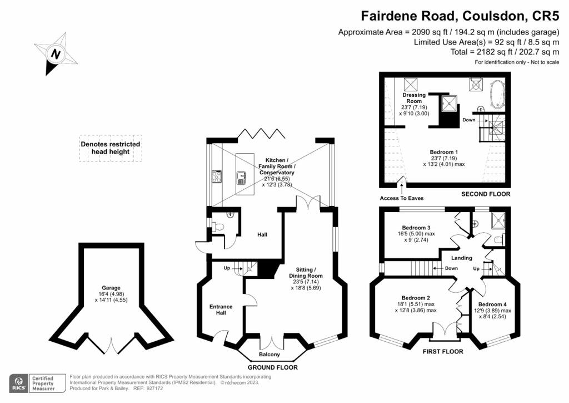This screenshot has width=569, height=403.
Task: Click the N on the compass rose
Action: pyautogui.click(x=56, y=54)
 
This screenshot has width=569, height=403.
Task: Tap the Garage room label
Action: pyautogui.click(x=111, y=288)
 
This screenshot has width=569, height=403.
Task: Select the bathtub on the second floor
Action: pyautogui.click(x=496, y=94)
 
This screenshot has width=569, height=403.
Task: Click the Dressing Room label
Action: pyautogui.click(x=414, y=98)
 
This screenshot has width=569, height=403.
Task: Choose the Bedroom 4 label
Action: pyautogui.click(x=492, y=304)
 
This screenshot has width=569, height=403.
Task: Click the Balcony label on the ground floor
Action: pyautogui.click(x=269, y=355)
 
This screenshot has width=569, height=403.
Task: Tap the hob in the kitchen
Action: pyautogui.click(x=217, y=176)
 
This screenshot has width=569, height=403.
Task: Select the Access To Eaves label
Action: pyautogui.click(x=402, y=198)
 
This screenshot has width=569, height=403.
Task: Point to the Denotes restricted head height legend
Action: pyautogui.click(x=111, y=148)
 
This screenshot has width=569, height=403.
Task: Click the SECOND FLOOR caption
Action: pyautogui.click(x=486, y=194)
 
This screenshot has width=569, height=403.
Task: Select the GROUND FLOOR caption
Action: pyautogui.click(x=272, y=367)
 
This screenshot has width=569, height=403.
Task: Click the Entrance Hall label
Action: pyautogui.click(x=221, y=309)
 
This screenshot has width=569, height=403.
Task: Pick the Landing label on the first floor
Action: pyautogui.click(x=462, y=258)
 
